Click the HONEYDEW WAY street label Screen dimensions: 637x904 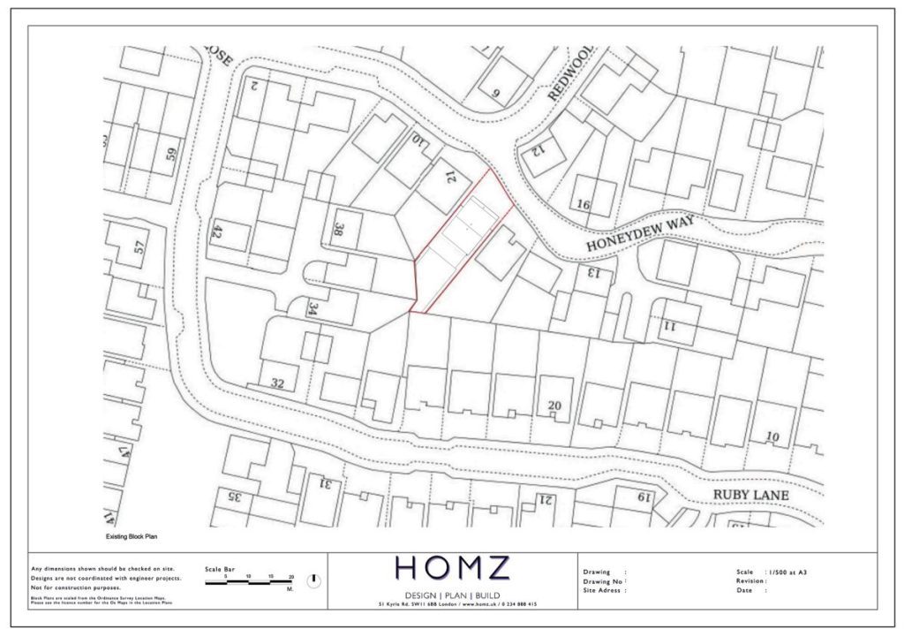640,231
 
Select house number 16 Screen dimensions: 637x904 583,204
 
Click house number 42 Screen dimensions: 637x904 215,232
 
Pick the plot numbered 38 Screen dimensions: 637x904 337,230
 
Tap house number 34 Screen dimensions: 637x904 313,308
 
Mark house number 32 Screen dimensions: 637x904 277,383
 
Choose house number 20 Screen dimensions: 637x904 554,406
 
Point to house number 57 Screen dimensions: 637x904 139,247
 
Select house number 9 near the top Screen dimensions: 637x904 496,92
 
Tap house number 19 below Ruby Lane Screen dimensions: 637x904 644,497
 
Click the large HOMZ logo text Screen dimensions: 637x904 452,567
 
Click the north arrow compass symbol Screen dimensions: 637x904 313,580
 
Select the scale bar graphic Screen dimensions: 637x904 249,582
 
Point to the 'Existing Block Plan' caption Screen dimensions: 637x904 131,536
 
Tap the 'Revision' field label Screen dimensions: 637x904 750,580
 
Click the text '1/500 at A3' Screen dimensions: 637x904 787,572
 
